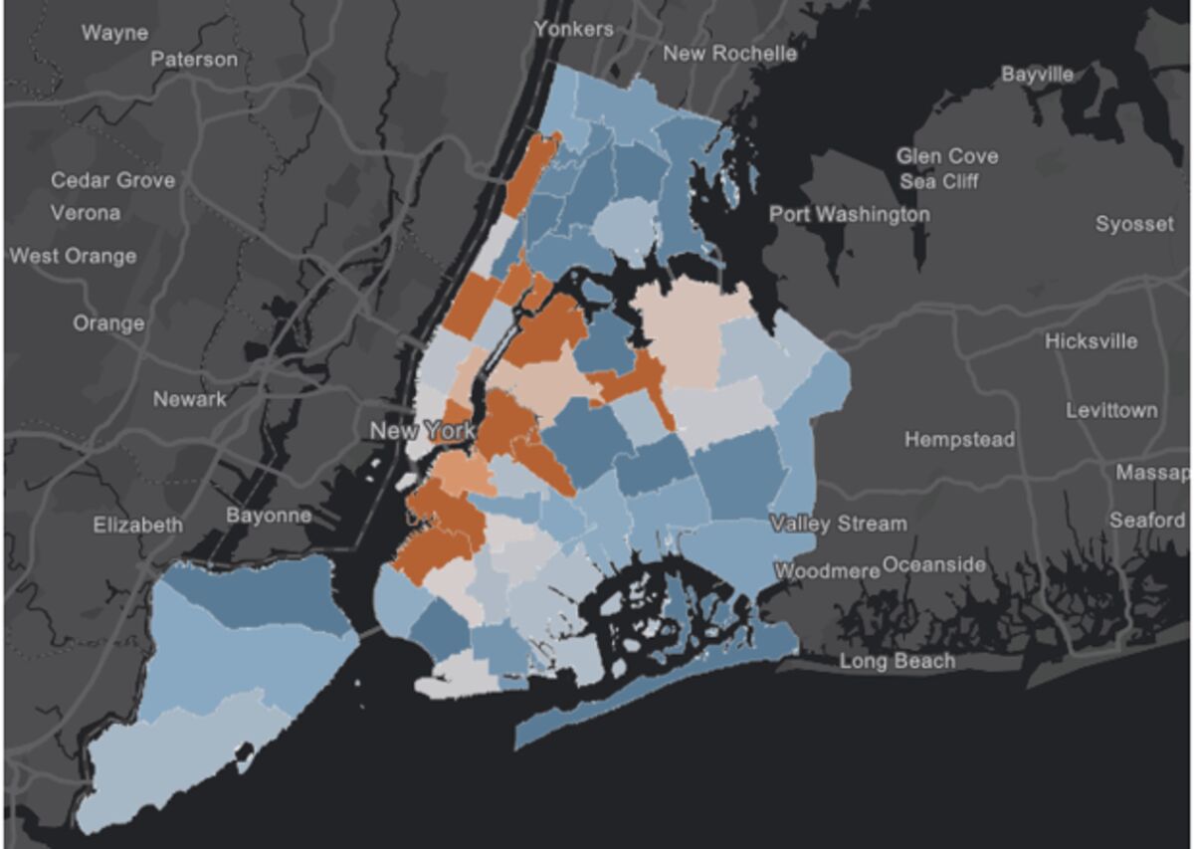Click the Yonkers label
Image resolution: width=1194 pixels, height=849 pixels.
[x=573, y=29]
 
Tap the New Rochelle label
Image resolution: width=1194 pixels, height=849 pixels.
[x=729, y=53]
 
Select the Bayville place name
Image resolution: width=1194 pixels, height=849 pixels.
[x=1038, y=74]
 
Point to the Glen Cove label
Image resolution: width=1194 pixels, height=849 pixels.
[x=946, y=156]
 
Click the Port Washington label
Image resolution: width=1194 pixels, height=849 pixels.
[x=849, y=214]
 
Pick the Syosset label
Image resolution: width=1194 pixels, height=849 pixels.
[x=1134, y=224]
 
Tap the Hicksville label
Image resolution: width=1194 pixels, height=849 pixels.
[x=1091, y=341]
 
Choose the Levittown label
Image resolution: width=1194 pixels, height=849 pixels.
[x=1111, y=410]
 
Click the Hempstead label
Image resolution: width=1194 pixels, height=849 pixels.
[x=959, y=439]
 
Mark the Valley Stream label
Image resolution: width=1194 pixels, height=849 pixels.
[x=839, y=524]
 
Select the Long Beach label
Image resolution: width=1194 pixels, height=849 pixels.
[x=897, y=661]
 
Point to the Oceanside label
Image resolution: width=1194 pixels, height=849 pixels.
[x=933, y=565]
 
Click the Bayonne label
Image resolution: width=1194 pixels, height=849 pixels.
[x=268, y=516]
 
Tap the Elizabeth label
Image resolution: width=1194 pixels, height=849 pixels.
[x=138, y=526]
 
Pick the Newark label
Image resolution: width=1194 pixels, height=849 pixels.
[x=189, y=399]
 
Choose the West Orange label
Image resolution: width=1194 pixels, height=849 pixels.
[x=73, y=256]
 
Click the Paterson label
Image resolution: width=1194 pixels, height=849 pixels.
[x=194, y=60]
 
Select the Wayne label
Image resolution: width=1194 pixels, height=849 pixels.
[x=114, y=33]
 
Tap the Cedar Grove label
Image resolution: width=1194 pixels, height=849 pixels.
[x=112, y=180]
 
